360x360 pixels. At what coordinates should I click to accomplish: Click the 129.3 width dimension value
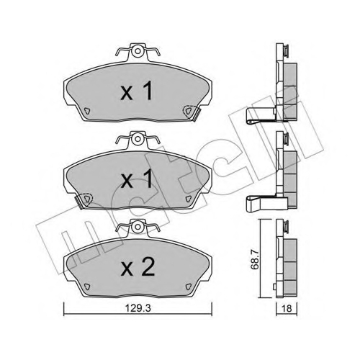[138, 308]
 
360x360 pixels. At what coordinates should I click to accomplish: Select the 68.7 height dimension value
[256, 259]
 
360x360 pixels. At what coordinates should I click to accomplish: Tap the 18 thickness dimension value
[287, 308]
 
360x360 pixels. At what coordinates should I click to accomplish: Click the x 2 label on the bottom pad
[138, 268]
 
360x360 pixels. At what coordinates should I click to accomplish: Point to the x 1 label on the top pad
[136, 91]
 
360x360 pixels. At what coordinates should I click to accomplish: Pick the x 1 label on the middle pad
[136, 179]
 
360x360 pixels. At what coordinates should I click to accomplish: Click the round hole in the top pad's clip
[138, 51]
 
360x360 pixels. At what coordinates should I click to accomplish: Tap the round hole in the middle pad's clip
[138, 139]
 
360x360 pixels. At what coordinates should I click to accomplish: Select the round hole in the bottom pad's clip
[138, 227]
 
